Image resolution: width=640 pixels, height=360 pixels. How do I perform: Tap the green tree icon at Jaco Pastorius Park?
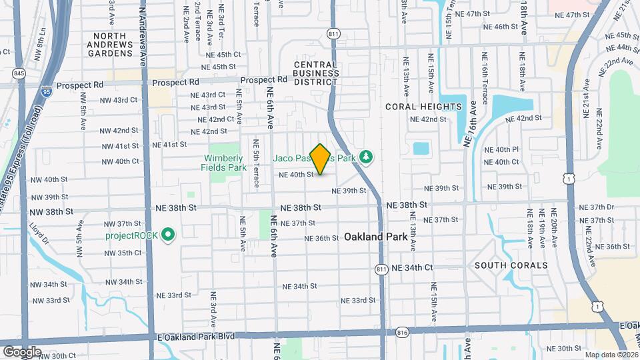click(365, 157)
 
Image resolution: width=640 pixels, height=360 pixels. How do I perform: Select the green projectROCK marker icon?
click(168, 235)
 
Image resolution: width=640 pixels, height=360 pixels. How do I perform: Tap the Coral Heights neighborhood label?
click(423, 107)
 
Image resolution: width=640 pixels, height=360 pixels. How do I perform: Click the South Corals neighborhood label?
click(511, 265)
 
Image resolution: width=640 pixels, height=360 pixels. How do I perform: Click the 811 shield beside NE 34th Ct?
click(381, 269)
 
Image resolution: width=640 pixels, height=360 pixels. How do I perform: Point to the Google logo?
click(21, 351)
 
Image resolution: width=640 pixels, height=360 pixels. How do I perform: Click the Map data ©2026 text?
click(610, 355)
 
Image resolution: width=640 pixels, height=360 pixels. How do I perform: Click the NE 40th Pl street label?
click(501, 150)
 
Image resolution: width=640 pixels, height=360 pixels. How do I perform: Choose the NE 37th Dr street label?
click(597, 208)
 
